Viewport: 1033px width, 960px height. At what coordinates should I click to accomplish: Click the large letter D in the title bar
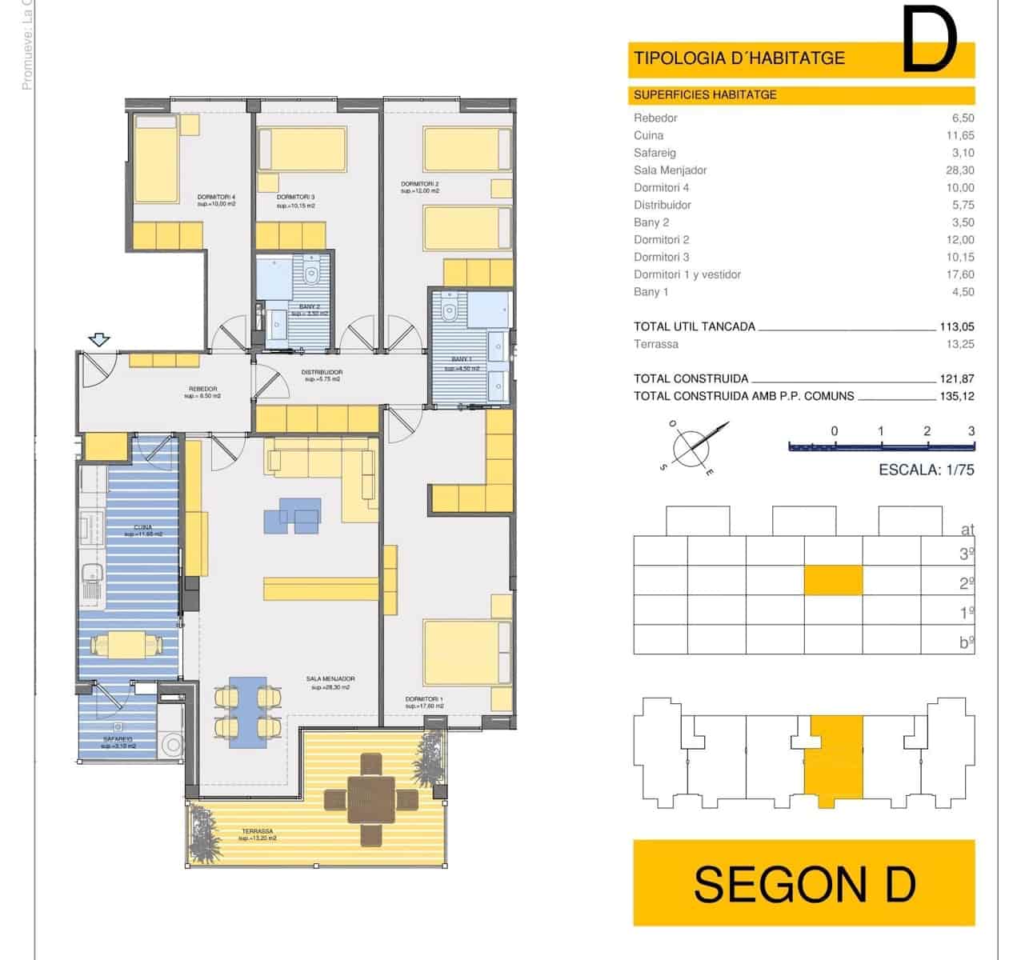(929, 40)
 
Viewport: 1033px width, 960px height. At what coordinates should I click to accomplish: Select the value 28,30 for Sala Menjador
(959, 170)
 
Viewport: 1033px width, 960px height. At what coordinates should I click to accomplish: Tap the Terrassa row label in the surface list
(655, 345)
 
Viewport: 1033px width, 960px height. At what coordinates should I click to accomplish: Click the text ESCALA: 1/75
(926, 470)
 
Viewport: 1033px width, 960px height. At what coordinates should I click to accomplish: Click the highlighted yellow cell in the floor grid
(833, 580)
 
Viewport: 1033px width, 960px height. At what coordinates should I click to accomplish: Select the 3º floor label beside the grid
(966, 554)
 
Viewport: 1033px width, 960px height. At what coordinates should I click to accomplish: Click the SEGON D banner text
(803, 884)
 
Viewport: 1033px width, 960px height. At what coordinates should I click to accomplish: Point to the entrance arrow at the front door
(100, 340)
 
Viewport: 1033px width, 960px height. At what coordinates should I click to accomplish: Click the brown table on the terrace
(371, 799)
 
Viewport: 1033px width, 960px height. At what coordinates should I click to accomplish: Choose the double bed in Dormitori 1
(466, 663)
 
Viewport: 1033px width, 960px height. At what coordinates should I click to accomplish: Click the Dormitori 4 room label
(216, 196)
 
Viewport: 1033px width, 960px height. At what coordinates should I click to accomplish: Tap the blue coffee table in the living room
(293, 516)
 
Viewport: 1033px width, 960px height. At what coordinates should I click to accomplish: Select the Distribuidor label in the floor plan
(322, 372)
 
